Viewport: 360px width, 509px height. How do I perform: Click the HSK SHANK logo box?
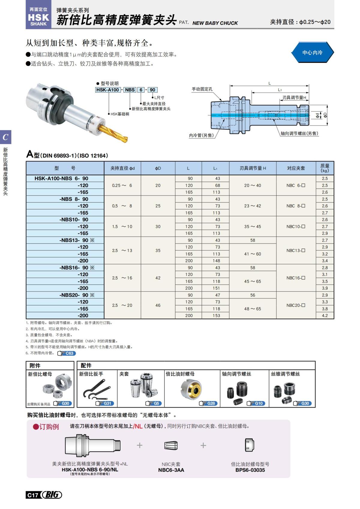[38, 17]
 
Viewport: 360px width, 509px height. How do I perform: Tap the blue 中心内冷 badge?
[312, 52]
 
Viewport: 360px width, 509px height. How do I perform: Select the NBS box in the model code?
[130, 90]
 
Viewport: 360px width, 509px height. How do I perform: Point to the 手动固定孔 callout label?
[202, 89]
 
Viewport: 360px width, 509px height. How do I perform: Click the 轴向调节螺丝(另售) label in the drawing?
[299, 133]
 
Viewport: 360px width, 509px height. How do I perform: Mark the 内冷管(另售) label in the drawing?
[201, 136]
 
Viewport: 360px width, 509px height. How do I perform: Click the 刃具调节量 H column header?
[253, 168]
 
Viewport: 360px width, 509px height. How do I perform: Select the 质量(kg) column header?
[325, 168]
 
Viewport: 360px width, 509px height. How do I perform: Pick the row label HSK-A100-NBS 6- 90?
[61, 178]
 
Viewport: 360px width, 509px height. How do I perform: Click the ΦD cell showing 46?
[158, 305]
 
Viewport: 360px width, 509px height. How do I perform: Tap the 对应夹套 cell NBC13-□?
[295, 250]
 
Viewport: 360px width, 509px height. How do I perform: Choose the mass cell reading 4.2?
[325, 316]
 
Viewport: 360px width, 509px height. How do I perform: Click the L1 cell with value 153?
[216, 316]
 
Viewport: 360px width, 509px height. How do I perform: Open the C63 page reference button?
[67, 353]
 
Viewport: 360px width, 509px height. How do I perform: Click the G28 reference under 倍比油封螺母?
[208, 403]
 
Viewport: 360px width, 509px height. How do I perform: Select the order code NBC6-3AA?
[171, 470]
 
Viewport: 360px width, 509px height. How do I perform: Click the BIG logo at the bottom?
[52, 495]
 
